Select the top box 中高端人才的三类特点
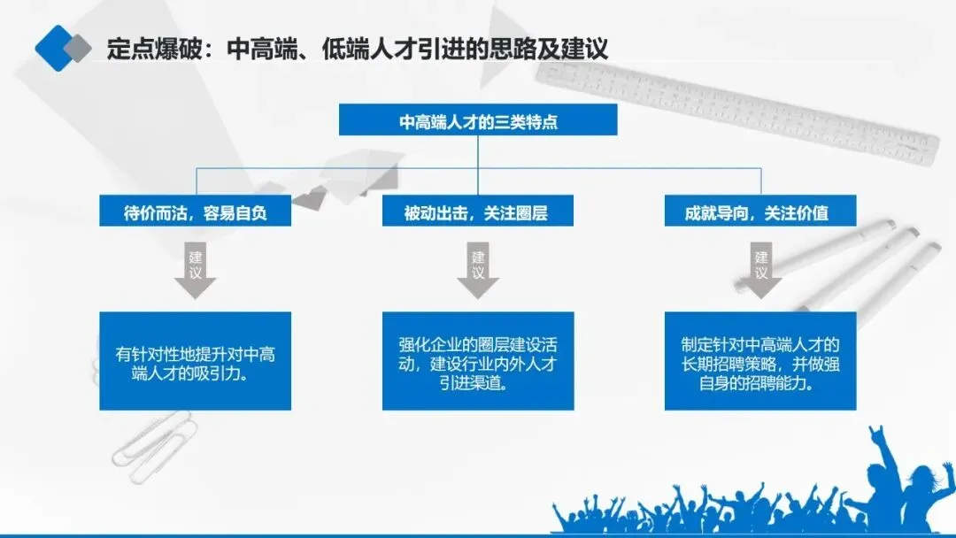click(478, 121)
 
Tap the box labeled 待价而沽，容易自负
click(195, 212)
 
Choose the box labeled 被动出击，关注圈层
click(478, 212)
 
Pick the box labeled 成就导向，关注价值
click(760, 212)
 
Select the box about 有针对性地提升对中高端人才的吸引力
click(195, 360)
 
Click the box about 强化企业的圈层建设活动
click(478, 360)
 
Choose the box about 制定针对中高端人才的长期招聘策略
click(760, 360)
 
